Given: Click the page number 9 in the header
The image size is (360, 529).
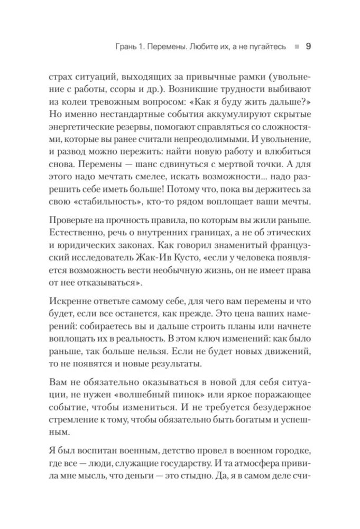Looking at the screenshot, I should (308, 47).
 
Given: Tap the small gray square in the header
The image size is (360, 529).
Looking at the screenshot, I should (298, 47).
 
